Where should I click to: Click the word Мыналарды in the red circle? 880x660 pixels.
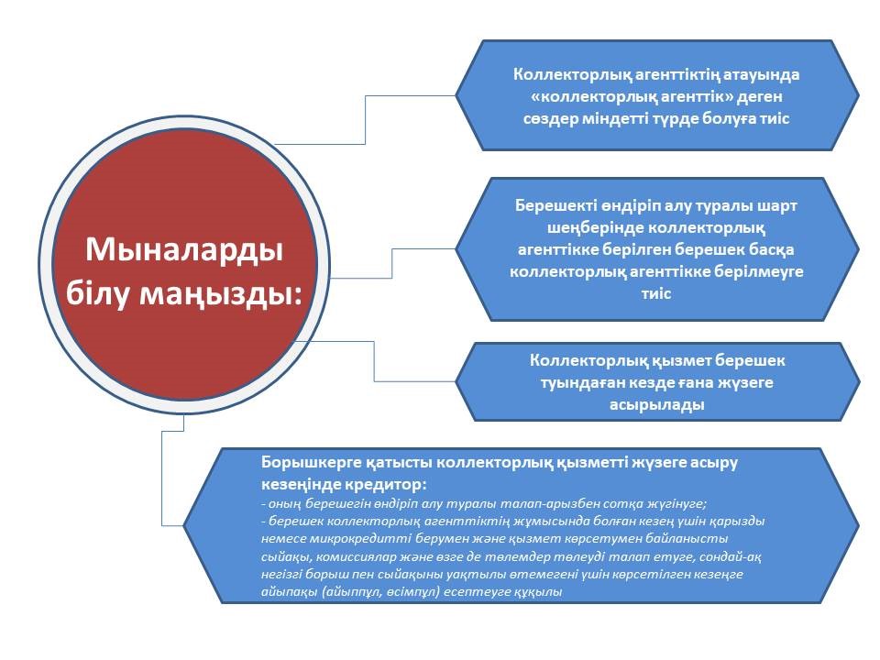pos(184,249)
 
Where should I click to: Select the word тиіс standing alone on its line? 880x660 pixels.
pos(656,293)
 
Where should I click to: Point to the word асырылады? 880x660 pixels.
pos(656,404)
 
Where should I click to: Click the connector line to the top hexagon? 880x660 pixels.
pos(366,119)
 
